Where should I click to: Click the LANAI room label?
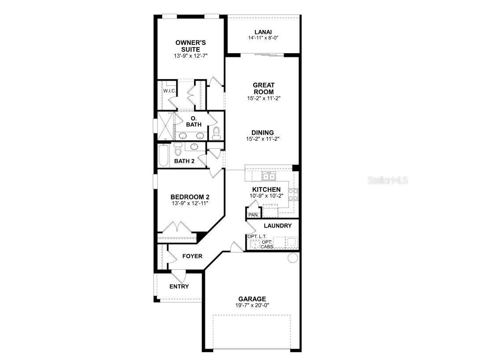point(263,32)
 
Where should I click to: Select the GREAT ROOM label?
point(263,88)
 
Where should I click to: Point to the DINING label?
point(262,132)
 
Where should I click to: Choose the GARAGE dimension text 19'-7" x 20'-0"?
point(252,305)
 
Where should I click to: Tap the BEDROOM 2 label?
point(189,197)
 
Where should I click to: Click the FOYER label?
point(192,256)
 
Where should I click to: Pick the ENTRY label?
point(179,287)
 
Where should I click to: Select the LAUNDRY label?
point(277,226)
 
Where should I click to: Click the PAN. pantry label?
point(253,215)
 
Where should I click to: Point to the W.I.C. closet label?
point(170,91)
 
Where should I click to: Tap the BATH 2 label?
point(184,161)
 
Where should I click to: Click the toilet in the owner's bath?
point(216,133)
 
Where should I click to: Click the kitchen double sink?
point(269,176)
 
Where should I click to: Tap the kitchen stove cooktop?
point(293,194)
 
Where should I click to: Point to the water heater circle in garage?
point(292,258)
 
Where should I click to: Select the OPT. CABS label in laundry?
point(266,244)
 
